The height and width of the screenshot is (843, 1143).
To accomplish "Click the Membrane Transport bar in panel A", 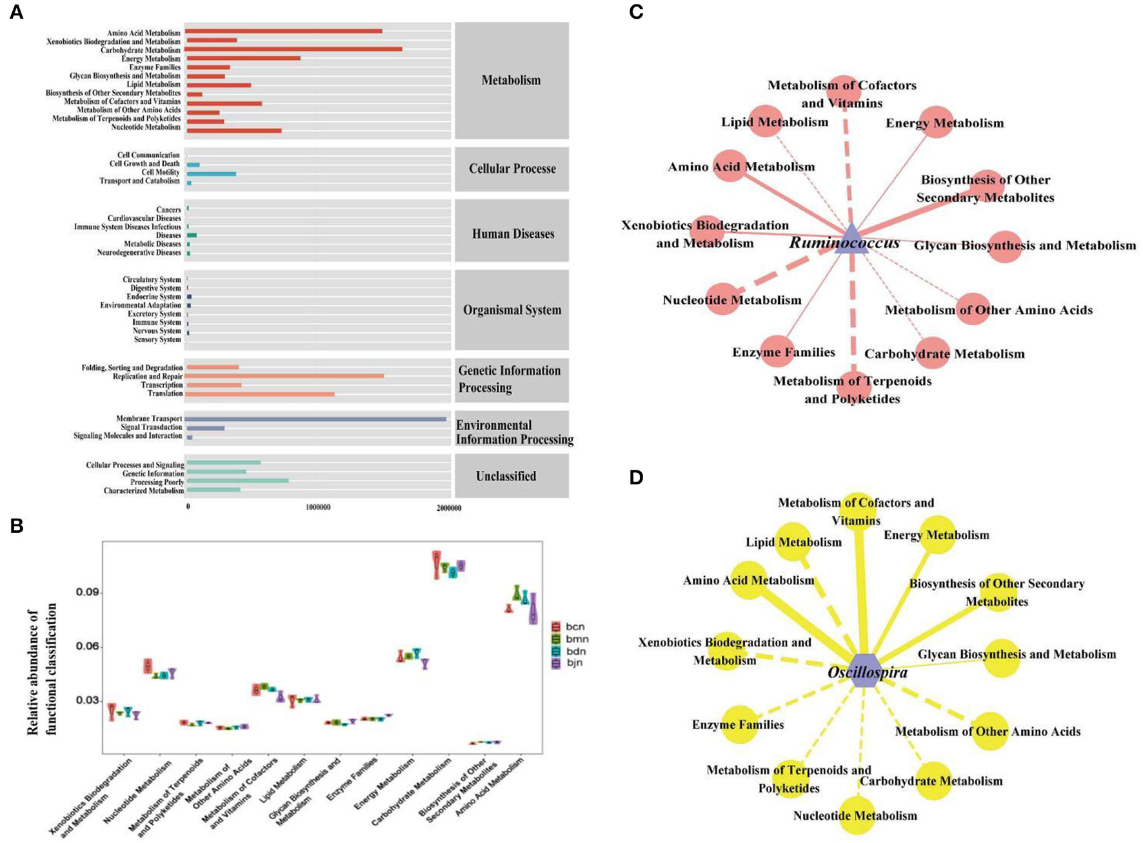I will pyautogui.click(x=316, y=419).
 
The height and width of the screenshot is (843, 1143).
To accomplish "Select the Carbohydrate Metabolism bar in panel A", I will pyautogui.click(x=293, y=49).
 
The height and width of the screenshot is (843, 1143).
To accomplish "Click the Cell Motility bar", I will pyautogui.click(x=212, y=174).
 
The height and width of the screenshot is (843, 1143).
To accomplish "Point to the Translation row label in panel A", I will pyautogui.click(x=164, y=393).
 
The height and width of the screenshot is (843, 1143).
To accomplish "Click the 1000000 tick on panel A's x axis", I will pyautogui.click(x=318, y=508).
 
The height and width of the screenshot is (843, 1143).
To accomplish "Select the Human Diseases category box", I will pyautogui.click(x=512, y=233).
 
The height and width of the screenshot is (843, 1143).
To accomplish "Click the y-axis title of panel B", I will pyautogui.click(x=43, y=669).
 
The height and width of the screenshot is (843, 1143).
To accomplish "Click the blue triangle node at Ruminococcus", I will pyautogui.click(x=851, y=240).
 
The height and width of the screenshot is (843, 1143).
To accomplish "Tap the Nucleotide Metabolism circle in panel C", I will pyautogui.click(x=722, y=299).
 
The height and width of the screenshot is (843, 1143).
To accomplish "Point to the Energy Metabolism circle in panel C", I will pyautogui.click(x=936, y=122).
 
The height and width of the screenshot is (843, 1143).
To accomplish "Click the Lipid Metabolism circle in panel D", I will pyautogui.click(x=793, y=542).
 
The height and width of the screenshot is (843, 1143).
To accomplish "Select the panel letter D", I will pyautogui.click(x=636, y=477).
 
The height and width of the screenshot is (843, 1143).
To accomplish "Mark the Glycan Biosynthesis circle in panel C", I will pyautogui.click(x=1004, y=246).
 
